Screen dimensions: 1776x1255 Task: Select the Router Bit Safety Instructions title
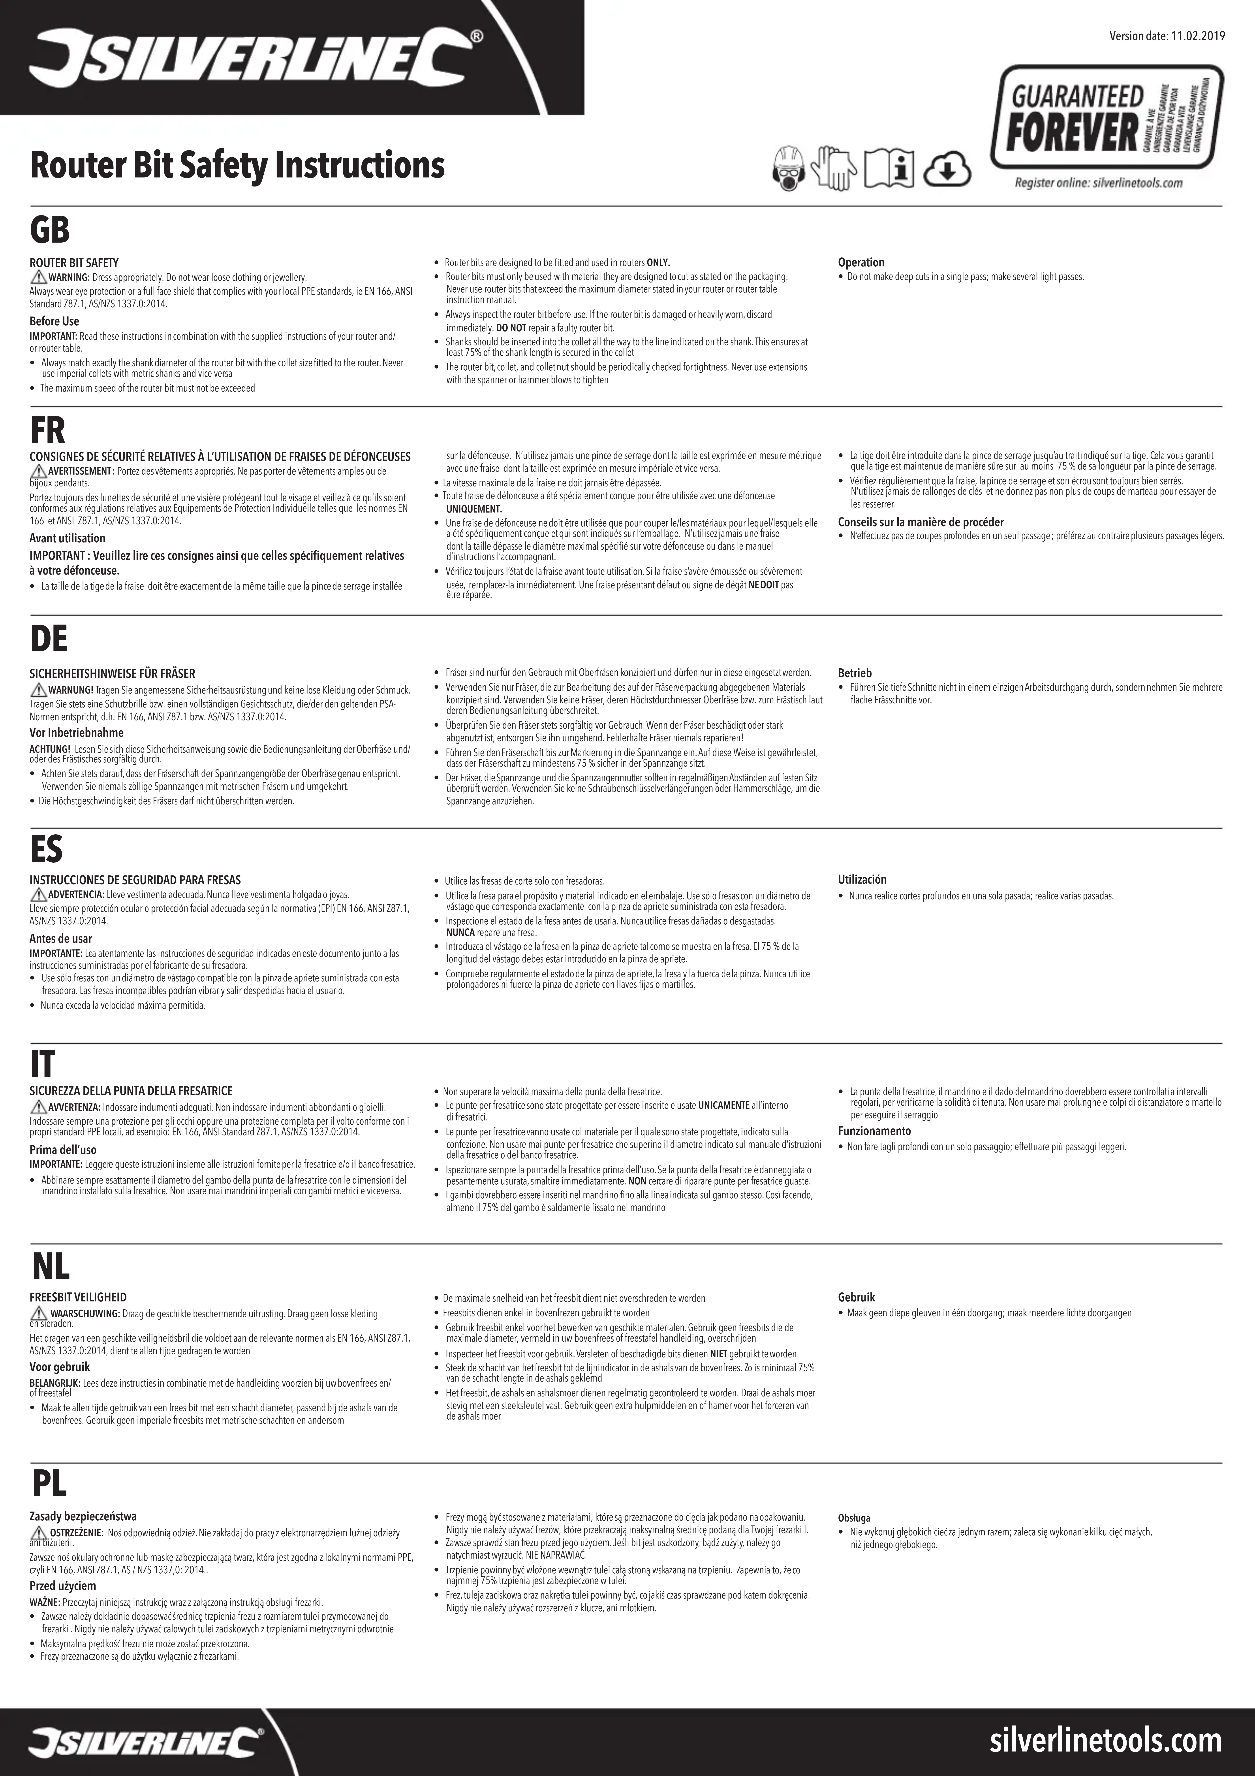[237, 165]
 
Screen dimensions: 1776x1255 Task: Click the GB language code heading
[49, 230]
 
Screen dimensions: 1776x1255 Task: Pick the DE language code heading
[49, 639]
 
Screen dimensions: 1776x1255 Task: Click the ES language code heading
[46, 848]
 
